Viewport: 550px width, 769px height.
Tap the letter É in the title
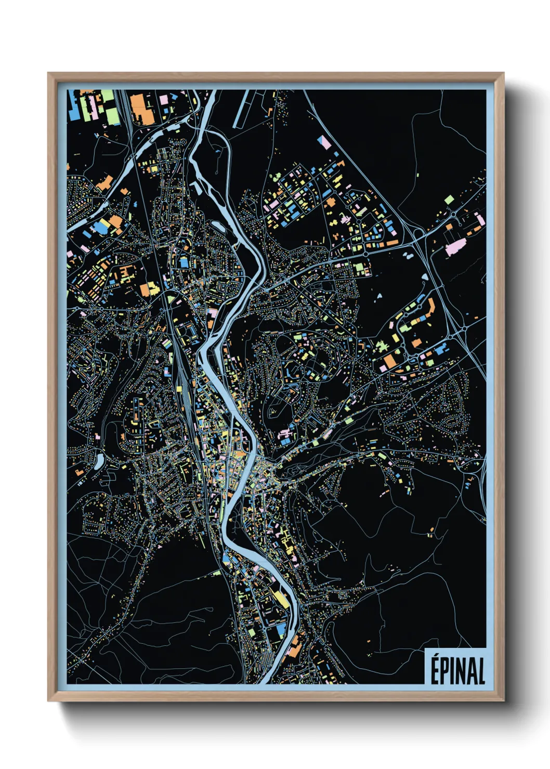click(435, 670)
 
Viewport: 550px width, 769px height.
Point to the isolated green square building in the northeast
click(449, 199)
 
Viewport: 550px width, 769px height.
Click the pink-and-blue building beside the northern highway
click(324, 142)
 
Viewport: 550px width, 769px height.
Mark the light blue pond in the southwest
click(99, 459)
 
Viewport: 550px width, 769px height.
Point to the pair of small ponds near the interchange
click(407, 256)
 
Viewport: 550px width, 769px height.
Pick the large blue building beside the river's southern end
click(280, 630)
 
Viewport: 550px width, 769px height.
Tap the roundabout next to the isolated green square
click(454, 214)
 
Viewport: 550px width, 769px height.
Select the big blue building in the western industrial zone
click(99, 227)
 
